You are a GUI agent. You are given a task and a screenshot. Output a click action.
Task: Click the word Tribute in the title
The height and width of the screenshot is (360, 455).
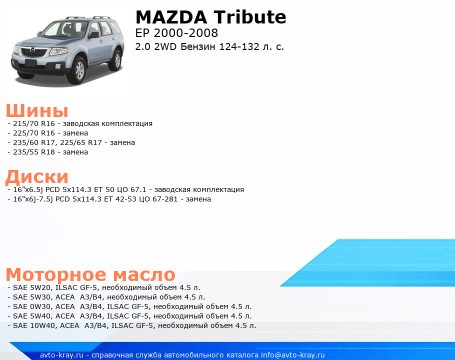click(250, 17)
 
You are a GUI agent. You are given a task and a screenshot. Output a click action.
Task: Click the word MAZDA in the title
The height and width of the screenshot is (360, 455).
click(171, 17)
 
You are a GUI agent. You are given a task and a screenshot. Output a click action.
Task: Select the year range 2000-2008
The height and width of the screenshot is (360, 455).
click(185, 33)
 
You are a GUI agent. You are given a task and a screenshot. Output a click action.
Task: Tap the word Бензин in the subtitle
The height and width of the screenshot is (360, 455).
click(197, 46)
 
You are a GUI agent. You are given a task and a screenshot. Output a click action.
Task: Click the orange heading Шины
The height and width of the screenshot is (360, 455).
click(37, 110)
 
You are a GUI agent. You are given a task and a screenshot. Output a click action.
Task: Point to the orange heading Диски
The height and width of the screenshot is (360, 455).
click(37, 176)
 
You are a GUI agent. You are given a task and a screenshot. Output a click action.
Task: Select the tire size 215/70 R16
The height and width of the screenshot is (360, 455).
click(34, 123)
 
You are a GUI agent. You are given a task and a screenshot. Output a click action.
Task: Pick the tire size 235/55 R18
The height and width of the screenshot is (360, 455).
click(34, 152)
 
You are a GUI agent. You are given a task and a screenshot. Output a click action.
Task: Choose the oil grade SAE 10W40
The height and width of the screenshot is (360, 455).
click(34, 325)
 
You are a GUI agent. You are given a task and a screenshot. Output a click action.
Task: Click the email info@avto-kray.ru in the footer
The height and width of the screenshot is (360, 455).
click(293, 355)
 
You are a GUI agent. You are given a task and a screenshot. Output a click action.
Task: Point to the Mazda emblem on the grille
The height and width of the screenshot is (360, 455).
click(32, 50)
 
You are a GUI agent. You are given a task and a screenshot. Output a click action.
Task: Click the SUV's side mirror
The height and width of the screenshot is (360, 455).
click(94, 35)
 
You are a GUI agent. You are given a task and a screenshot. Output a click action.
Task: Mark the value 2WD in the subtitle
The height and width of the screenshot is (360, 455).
click(165, 46)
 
